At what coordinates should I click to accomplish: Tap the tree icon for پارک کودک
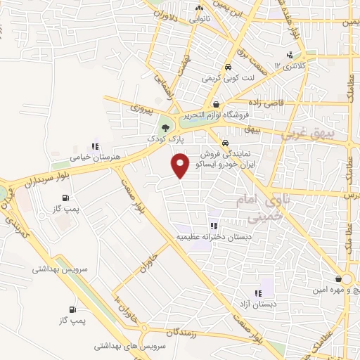[165, 128]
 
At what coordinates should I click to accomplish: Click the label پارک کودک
[165, 139]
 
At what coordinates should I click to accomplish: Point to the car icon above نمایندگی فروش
[225, 140]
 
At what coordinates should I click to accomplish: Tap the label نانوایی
[198, 20]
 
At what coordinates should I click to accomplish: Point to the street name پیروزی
[141, 108]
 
